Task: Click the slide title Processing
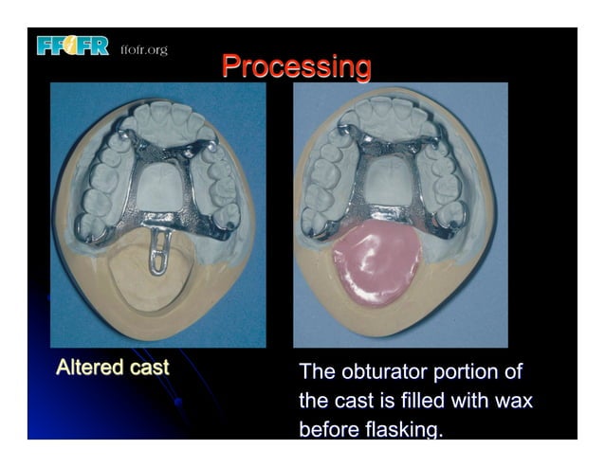(x=296, y=67)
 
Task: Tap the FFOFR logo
(x=73, y=45)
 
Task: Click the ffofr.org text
(x=144, y=49)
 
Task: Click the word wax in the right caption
(x=513, y=401)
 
